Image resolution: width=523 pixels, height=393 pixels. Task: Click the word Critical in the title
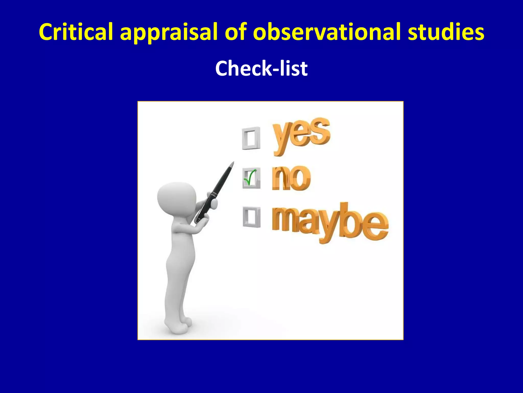click(x=76, y=32)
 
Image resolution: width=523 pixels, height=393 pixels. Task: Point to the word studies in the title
click(x=446, y=32)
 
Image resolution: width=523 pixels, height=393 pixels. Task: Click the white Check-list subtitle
click(x=261, y=68)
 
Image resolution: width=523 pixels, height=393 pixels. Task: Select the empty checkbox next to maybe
click(x=252, y=217)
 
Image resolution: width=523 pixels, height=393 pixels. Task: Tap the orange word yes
click(x=301, y=134)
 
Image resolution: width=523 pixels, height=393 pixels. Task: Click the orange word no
click(x=291, y=178)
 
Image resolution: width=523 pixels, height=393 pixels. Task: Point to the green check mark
click(x=250, y=177)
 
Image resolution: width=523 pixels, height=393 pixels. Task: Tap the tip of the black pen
click(x=232, y=163)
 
